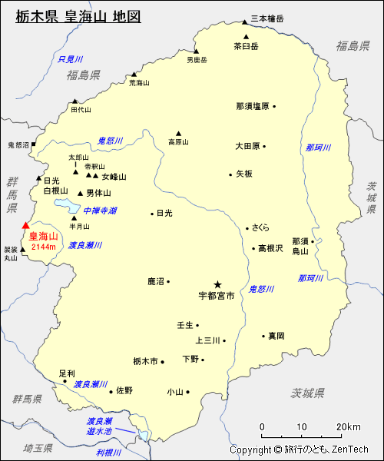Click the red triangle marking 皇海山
[x=25, y=226]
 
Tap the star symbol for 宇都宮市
[x=217, y=284]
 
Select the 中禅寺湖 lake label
[x=100, y=211]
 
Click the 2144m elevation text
[x=44, y=247]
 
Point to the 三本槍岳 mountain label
[x=267, y=18]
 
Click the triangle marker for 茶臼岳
[x=246, y=36]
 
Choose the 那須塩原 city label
[x=253, y=106]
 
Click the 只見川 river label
[x=70, y=59]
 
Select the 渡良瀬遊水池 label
[x=100, y=426]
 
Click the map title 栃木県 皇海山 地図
[x=78, y=16]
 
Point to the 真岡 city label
[x=276, y=336]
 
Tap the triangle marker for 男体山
[x=80, y=193]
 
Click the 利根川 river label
[x=109, y=453]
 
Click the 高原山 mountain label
[x=178, y=141]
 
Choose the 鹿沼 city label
[x=157, y=282]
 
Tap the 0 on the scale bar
[x=263, y=427]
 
